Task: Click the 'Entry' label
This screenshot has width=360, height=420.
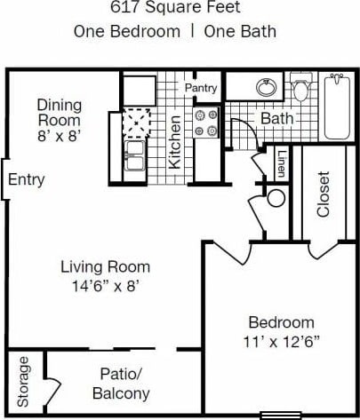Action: pos(26,180)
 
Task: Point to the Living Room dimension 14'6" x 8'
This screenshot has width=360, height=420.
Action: pos(105,286)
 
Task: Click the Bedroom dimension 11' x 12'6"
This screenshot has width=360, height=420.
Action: pos(281,339)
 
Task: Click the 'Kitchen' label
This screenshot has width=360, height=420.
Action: pos(175,141)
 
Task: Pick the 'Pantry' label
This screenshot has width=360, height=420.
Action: pos(201,89)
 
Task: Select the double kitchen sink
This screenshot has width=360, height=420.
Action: pos(137,155)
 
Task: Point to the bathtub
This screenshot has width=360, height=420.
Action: pos(337,107)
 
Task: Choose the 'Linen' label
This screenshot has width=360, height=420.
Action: pos(281,163)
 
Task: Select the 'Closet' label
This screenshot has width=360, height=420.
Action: pos(323,193)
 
